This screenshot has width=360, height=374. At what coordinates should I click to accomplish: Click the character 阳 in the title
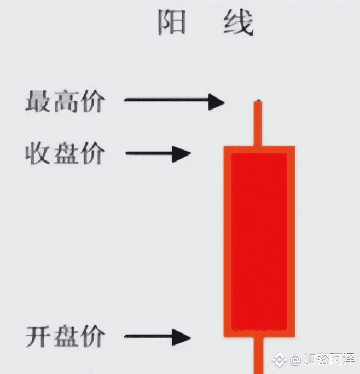172,22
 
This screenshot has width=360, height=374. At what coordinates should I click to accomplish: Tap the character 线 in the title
238,22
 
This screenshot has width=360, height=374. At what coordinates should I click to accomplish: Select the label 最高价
65,101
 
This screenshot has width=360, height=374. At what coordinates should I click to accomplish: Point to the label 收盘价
65,153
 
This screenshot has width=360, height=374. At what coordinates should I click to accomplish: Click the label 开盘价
65,336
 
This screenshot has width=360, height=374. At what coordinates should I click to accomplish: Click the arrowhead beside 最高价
216,102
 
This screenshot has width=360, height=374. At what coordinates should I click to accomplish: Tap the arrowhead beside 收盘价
182,154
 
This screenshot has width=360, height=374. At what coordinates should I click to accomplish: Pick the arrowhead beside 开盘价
182,337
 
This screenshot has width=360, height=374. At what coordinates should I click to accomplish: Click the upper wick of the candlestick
258,123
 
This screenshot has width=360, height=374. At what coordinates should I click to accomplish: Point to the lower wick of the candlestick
258,355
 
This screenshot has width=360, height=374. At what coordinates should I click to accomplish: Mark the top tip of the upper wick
258,100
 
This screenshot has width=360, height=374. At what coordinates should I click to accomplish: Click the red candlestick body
259,241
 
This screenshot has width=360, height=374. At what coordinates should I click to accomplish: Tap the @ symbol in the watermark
295,360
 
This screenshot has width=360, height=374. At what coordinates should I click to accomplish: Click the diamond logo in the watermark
280,360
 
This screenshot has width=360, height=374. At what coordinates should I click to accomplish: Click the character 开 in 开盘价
38,336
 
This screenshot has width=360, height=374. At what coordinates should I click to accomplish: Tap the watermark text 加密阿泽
329,359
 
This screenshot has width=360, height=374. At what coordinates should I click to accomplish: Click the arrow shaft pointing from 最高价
166,100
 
